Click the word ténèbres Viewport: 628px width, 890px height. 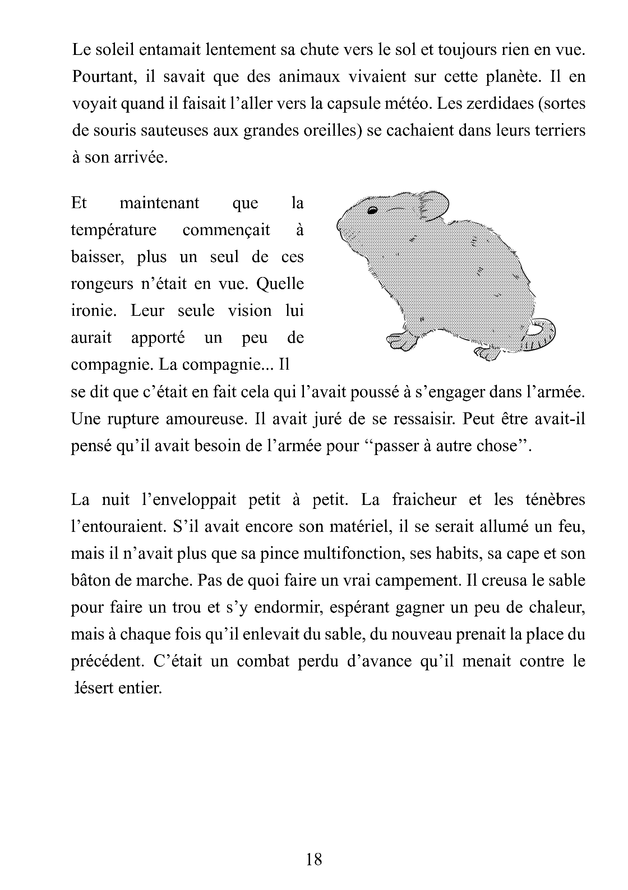555,499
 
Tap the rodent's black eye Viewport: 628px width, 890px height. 372,211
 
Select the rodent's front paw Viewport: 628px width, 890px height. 401,340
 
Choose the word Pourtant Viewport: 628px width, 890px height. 105,77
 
